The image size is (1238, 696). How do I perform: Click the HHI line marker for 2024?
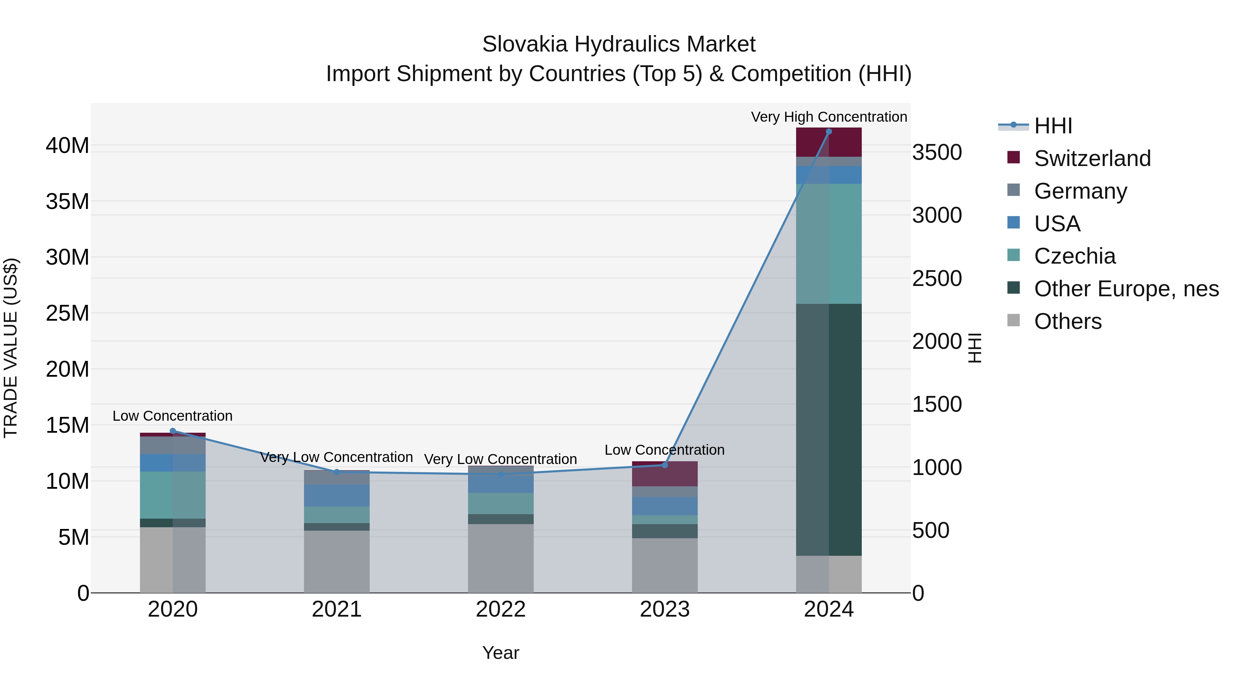click(828, 132)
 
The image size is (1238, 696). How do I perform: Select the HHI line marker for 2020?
click(173, 431)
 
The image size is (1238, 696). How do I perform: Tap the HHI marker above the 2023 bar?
click(665, 465)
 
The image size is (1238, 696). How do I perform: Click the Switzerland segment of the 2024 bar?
click(828, 143)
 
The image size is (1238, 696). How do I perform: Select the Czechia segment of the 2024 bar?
click(828, 244)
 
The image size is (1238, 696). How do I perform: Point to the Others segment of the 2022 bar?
click(501, 558)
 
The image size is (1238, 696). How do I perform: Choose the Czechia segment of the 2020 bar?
click(173, 495)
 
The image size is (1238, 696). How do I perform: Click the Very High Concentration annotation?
click(828, 117)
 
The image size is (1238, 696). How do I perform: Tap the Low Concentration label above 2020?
click(173, 416)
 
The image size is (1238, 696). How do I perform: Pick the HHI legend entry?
click(1053, 126)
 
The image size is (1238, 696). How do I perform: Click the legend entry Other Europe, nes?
click(1126, 289)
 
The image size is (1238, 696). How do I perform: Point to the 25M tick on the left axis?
click(67, 313)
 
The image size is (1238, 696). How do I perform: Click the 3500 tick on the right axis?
click(937, 152)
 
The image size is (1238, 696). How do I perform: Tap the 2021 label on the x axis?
click(336, 609)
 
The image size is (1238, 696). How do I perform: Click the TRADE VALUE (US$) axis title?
click(11, 348)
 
